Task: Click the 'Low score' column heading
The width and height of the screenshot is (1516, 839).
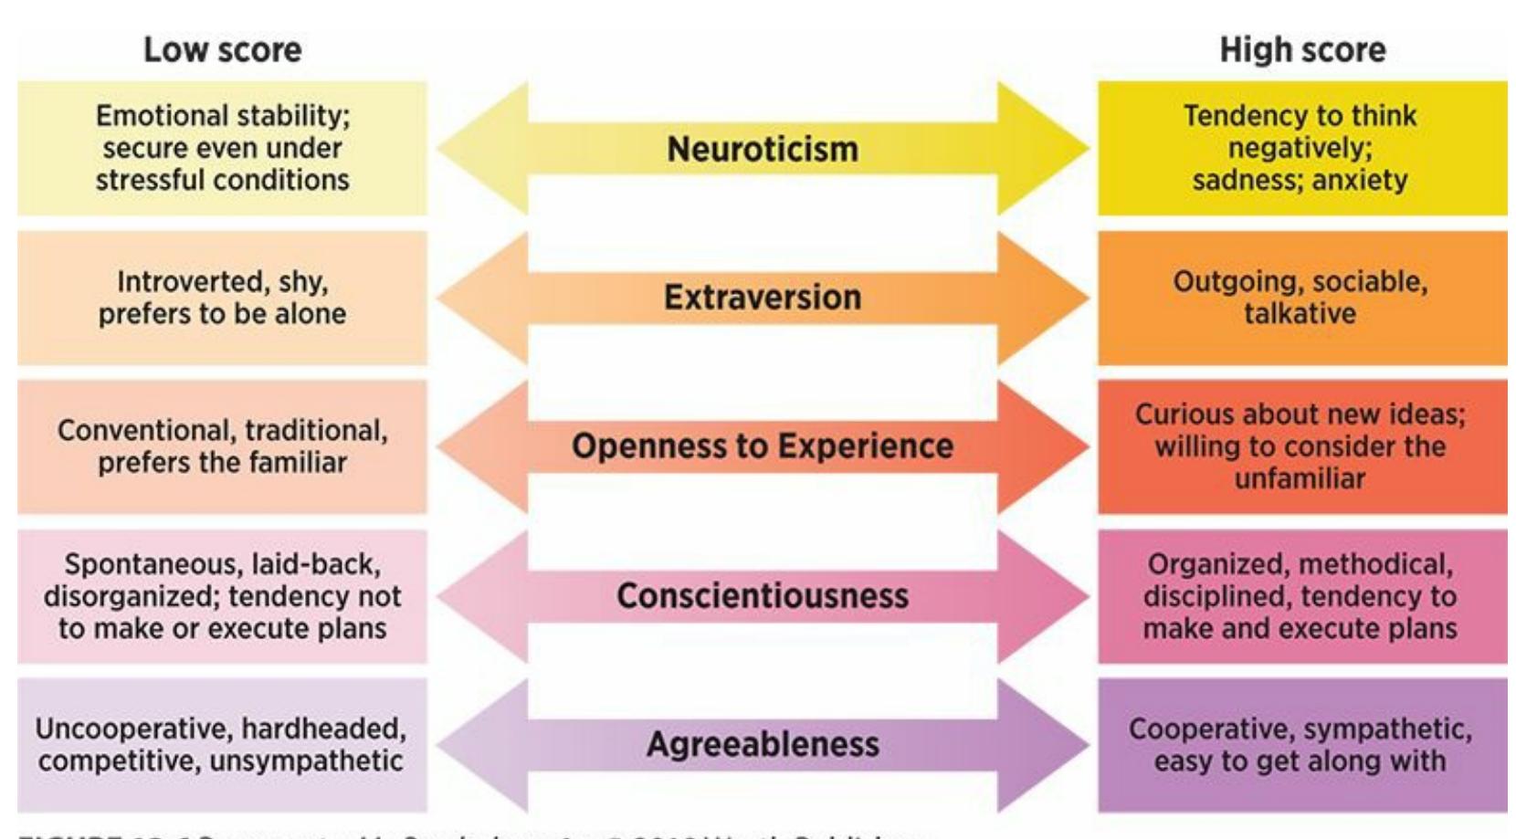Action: (x=222, y=50)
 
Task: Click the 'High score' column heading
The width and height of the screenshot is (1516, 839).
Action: (x=1302, y=50)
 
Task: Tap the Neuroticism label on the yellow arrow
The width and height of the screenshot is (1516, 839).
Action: (x=763, y=149)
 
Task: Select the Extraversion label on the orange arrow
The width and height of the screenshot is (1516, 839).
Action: (x=763, y=298)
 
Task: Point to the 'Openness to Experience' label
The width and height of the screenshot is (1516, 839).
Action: (x=763, y=446)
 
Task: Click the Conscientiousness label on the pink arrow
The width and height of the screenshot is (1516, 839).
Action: (x=763, y=596)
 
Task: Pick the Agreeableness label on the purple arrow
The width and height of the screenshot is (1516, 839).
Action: (x=763, y=744)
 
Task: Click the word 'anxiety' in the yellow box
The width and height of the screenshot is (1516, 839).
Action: (x=1360, y=181)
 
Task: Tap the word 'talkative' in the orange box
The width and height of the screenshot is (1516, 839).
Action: (x=1300, y=314)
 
